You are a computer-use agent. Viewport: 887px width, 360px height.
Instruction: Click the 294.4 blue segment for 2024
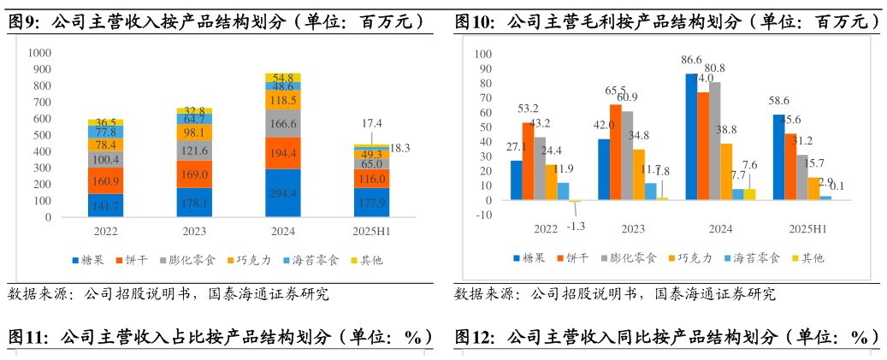click(282, 193)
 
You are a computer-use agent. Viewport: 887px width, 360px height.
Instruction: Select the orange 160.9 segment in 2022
click(105, 180)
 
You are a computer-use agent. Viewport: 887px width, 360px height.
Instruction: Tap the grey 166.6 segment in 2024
click(282, 123)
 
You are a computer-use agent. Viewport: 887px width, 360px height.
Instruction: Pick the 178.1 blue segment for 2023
click(194, 203)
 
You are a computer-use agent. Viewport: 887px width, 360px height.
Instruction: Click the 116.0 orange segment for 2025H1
click(371, 178)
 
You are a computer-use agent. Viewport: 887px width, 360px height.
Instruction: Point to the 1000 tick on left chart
click(40, 53)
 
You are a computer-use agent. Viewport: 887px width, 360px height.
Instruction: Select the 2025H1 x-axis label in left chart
click(371, 231)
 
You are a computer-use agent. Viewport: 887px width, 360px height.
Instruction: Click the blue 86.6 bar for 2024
click(690, 137)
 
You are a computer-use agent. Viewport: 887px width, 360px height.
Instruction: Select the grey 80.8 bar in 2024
click(714, 141)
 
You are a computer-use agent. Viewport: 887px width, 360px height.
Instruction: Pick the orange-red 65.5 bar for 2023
click(615, 152)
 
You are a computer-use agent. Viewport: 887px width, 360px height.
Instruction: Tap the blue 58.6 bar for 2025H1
click(778, 157)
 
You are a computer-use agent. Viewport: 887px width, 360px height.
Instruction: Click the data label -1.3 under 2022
click(577, 226)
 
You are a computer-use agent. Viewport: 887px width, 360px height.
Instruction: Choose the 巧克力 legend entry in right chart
click(694, 257)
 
